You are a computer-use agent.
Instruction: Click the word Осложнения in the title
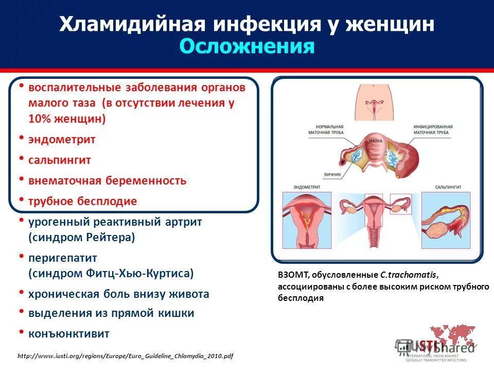coord(247,47)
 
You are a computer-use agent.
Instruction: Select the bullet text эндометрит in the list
coord(62,139)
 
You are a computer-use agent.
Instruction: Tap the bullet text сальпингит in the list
coord(60,160)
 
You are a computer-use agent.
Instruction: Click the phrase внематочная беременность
coord(107,181)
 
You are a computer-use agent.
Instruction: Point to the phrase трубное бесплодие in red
coord(82,201)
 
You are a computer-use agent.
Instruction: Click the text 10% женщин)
coord(67,119)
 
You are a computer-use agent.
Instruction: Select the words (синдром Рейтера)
coord(81,238)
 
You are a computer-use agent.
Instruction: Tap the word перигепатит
coord(62,258)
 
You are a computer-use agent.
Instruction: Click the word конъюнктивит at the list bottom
coord(68,333)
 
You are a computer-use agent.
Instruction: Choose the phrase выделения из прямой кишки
coord(111,313)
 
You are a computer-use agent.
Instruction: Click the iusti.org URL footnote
coord(126,356)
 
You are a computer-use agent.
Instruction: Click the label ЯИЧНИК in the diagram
coord(333,175)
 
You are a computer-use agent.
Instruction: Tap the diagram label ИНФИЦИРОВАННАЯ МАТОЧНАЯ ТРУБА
coord(432,130)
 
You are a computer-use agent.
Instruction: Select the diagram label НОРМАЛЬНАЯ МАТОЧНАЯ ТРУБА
coord(326,129)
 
